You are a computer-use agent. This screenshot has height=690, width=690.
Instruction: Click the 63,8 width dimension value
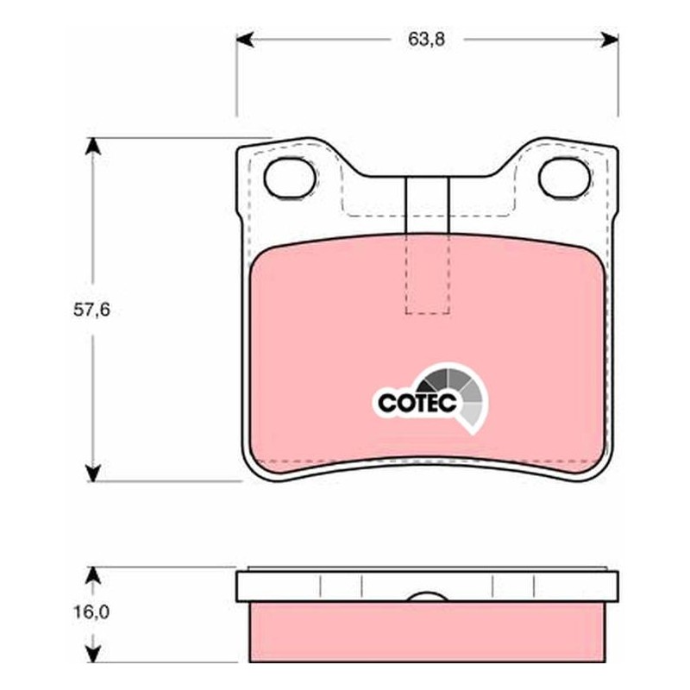(x=426, y=40)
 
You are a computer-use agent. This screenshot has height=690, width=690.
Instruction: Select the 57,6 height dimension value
(x=91, y=310)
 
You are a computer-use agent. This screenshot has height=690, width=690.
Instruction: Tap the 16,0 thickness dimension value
(x=91, y=612)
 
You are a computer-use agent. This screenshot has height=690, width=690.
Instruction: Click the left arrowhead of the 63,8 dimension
(x=245, y=40)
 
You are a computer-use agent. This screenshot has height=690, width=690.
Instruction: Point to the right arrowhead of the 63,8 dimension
(x=610, y=40)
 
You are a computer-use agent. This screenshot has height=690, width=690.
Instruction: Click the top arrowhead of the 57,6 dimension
(x=92, y=147)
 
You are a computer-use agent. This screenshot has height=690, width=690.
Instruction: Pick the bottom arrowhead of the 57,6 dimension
(x=92, y=473)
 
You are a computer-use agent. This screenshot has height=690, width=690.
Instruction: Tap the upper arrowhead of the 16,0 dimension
(x=92, y=575)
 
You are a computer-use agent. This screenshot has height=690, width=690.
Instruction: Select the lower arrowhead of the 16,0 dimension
(x=92, y=654)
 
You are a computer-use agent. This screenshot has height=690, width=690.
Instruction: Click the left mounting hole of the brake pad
(x=290, y=178)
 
